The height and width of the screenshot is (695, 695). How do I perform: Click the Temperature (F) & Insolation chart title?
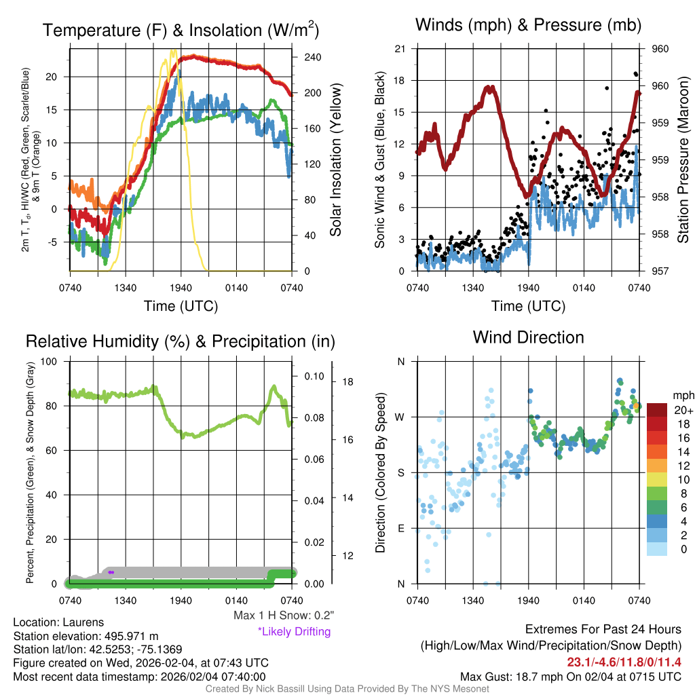pos(181,31)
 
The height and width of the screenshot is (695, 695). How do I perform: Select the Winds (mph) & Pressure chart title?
pos(528,26)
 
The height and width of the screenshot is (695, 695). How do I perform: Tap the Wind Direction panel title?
pos(528,337)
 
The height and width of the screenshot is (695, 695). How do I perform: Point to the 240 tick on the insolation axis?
pos(312,57)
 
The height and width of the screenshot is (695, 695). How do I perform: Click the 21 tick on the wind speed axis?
pos(400,48)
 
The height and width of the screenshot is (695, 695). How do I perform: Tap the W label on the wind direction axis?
pos(401,417)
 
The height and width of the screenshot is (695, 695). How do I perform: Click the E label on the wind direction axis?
pos(401,528)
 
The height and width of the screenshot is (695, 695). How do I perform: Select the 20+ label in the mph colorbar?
pos(683,411)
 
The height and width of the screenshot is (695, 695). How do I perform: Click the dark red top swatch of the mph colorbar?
pos(657,409)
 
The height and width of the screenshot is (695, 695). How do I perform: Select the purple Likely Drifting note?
pos(294,632)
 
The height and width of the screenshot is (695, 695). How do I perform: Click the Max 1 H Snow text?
pos(283,616)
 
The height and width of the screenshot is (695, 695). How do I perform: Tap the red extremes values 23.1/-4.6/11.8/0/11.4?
pos(624,662)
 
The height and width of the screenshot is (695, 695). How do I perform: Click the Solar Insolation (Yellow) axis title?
pos(336,160)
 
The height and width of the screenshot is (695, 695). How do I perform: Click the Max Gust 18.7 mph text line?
pos(571,677)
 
